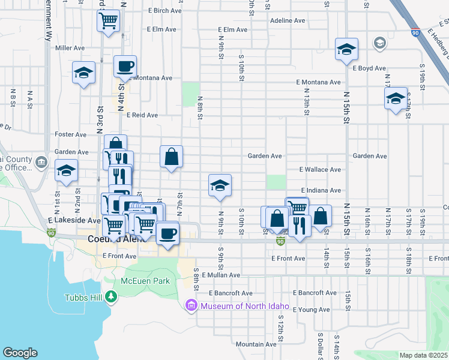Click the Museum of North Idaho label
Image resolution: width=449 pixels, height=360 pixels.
[x=245, y=307]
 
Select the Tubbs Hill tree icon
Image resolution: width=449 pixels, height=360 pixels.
[x=110, y=296]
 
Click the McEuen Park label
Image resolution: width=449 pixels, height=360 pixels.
[x=145, y=281]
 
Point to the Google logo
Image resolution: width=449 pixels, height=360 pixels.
[x=20, y=353]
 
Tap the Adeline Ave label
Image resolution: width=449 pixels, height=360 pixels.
[x=288, y=20]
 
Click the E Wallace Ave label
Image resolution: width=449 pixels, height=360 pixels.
[x=324, y=170]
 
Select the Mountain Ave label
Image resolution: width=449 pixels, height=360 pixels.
[x=256, y=344]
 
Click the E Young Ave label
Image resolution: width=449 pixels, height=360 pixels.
[x=312, y=310]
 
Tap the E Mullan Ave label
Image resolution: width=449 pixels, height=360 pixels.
[x=221, y=275]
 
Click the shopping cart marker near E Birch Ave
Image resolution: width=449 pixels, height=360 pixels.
[x=108, y=21]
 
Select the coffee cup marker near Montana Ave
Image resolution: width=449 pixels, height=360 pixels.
[x=125, y=66]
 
